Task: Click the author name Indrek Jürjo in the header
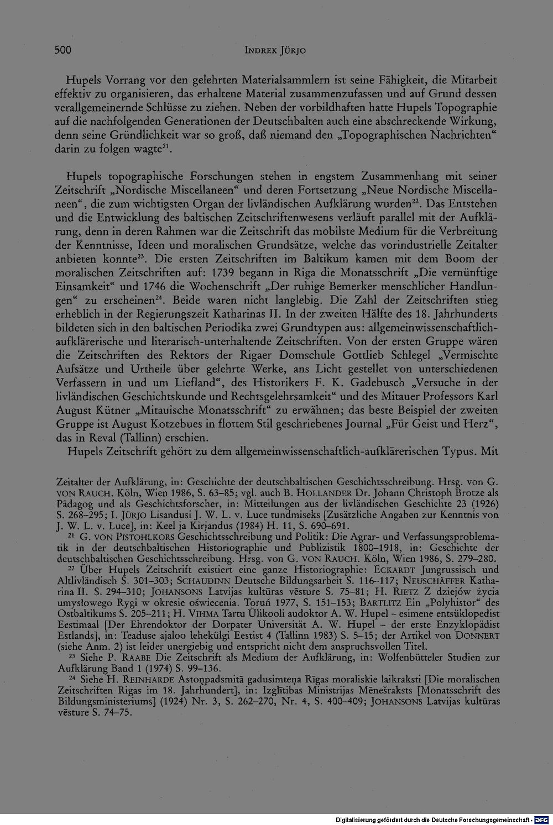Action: point(275,51)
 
